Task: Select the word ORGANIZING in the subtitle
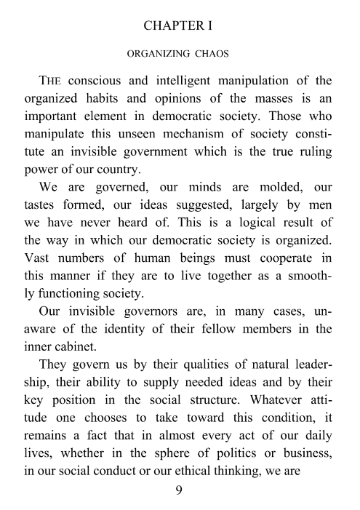click(159, 54)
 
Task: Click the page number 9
click(180, 490)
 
